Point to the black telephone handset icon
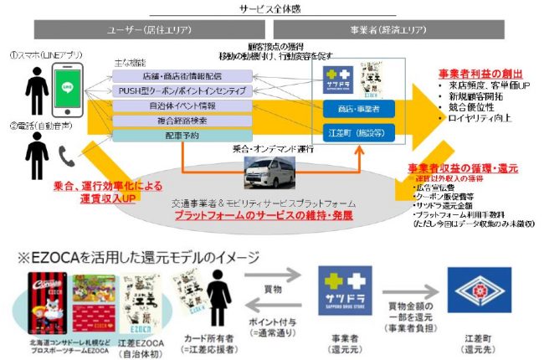(64, 153)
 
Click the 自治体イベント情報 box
(182, 106)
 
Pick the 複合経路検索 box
(182, 121)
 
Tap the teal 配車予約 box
(182, 135)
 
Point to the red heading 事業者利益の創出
(485, 73)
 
